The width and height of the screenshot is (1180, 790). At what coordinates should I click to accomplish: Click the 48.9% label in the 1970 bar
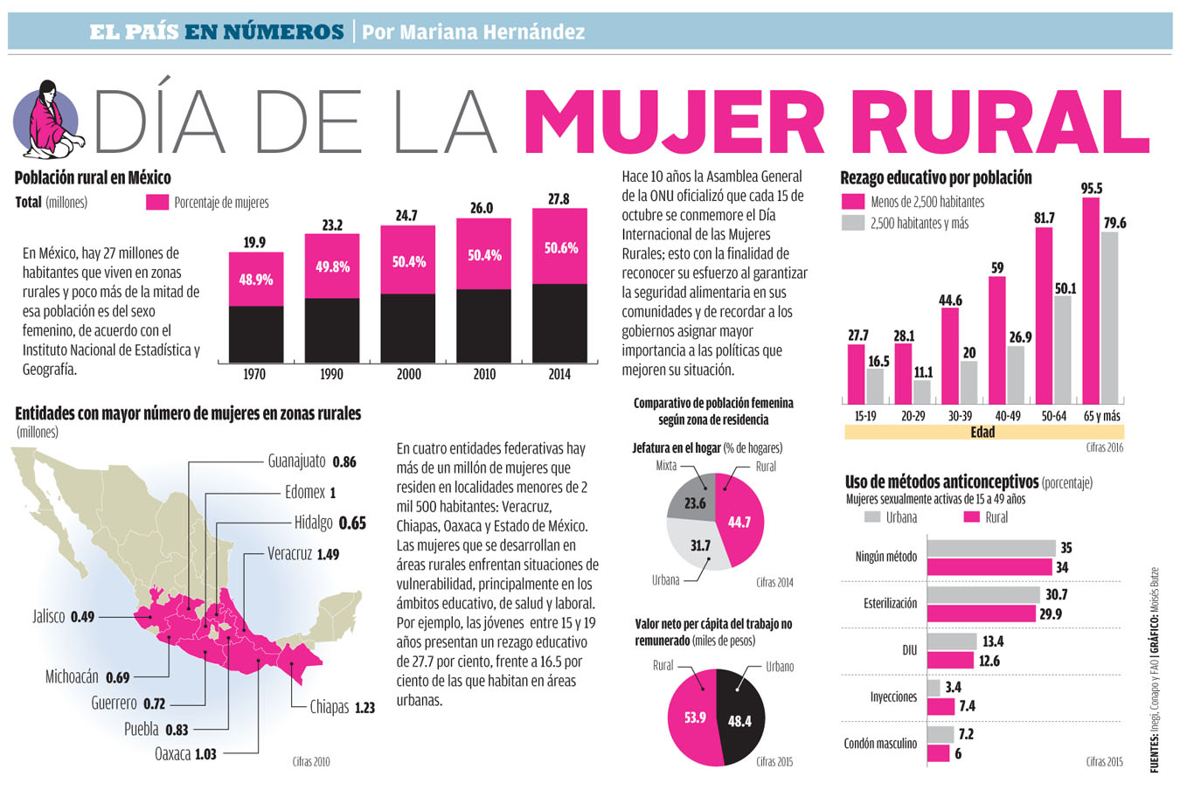click(x=256, y=280)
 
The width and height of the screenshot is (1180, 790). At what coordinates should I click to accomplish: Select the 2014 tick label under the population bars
click(x=559, y=374)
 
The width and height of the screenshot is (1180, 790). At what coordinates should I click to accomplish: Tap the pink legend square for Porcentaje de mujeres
click(x=157, y=203)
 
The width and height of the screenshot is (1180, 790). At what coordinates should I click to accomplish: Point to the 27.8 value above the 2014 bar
click(x=559, y=199)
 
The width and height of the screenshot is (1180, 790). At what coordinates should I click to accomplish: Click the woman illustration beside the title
click(x=48, y=118)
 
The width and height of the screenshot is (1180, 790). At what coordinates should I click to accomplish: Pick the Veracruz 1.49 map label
click(x=303, y=554)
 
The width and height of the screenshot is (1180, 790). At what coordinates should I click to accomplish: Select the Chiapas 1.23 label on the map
click(x=342, y=707)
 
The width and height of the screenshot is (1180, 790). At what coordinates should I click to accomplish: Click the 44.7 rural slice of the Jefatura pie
click(x=739, y=522)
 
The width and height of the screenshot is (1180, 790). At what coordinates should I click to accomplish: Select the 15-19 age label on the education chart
click(x=865, y=416)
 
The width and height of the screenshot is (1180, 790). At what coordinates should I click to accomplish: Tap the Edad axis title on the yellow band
click(x=982, y=432)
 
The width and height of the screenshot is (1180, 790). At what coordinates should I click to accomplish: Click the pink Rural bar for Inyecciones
click(x=941, y=706)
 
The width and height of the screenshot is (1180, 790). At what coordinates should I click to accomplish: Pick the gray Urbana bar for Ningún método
click(x=991, y=548)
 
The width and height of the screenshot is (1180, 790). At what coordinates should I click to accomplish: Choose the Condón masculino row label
click(x=880, y=744)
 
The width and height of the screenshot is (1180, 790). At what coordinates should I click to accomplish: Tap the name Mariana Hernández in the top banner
click(x=473, y=32)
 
